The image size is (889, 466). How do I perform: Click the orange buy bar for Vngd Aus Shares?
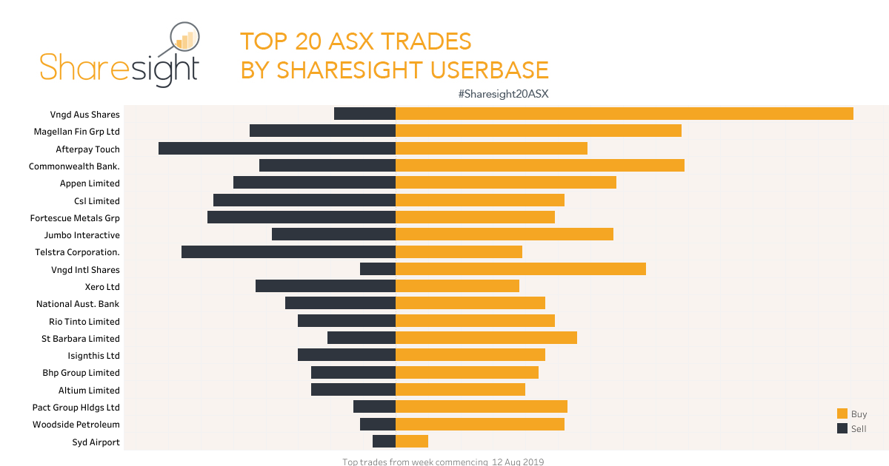coord(624,114)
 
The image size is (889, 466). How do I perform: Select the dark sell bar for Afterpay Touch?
coord(277,148)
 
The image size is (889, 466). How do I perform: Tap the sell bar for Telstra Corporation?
coord(288,251)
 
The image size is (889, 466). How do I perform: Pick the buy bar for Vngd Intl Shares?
coord(520,269)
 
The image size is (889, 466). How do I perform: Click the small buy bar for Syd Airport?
coord(412,442)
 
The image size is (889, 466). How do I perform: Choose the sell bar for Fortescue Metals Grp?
coord(302,217)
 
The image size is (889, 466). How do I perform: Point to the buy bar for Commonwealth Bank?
coord(539,166)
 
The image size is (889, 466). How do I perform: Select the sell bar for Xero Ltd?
coord(325,286)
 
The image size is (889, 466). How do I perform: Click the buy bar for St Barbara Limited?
coord(486,338)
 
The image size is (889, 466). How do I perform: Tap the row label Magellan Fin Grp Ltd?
coord(77,132)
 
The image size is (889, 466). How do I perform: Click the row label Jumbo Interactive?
coord(81,235)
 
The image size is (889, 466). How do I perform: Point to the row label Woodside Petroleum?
coord(76,425)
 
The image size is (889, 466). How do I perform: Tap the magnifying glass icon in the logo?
coord(184,41)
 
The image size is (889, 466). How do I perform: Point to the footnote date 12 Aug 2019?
coord(518,462)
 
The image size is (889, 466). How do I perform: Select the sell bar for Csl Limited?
coord(304,200)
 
